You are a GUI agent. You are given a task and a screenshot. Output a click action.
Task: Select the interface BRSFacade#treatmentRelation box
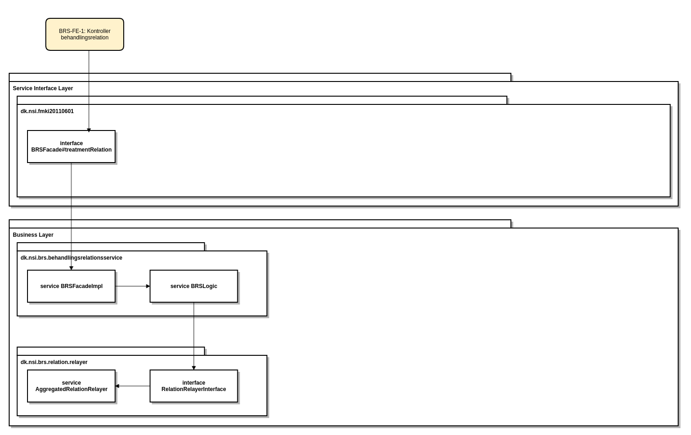[71, 147]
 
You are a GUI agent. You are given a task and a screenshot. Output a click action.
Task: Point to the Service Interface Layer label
[43, 88]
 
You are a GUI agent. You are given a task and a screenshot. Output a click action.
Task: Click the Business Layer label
[33, 235]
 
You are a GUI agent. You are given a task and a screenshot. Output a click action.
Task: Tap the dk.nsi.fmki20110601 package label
[47, 111]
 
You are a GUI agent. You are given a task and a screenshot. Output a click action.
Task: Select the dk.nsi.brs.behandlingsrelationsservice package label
[71, 258]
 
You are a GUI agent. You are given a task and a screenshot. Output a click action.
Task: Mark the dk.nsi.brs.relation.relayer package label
[54, 362]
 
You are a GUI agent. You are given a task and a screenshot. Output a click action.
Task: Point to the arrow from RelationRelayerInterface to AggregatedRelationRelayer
[133, 386]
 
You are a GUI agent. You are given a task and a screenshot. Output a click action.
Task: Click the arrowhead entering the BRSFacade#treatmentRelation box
[89, 130]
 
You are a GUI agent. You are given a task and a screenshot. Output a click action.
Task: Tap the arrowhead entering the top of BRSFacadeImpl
[71, 268]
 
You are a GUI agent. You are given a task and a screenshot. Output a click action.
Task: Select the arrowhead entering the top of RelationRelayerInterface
[194, 368]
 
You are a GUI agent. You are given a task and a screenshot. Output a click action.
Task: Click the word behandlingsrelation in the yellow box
[85, 38]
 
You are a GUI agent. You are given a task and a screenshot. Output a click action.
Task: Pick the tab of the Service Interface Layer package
[260, 77]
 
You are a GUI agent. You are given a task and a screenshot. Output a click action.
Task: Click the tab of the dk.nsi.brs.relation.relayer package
[110, 351]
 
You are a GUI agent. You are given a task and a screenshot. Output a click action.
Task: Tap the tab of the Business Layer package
[260, 224]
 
